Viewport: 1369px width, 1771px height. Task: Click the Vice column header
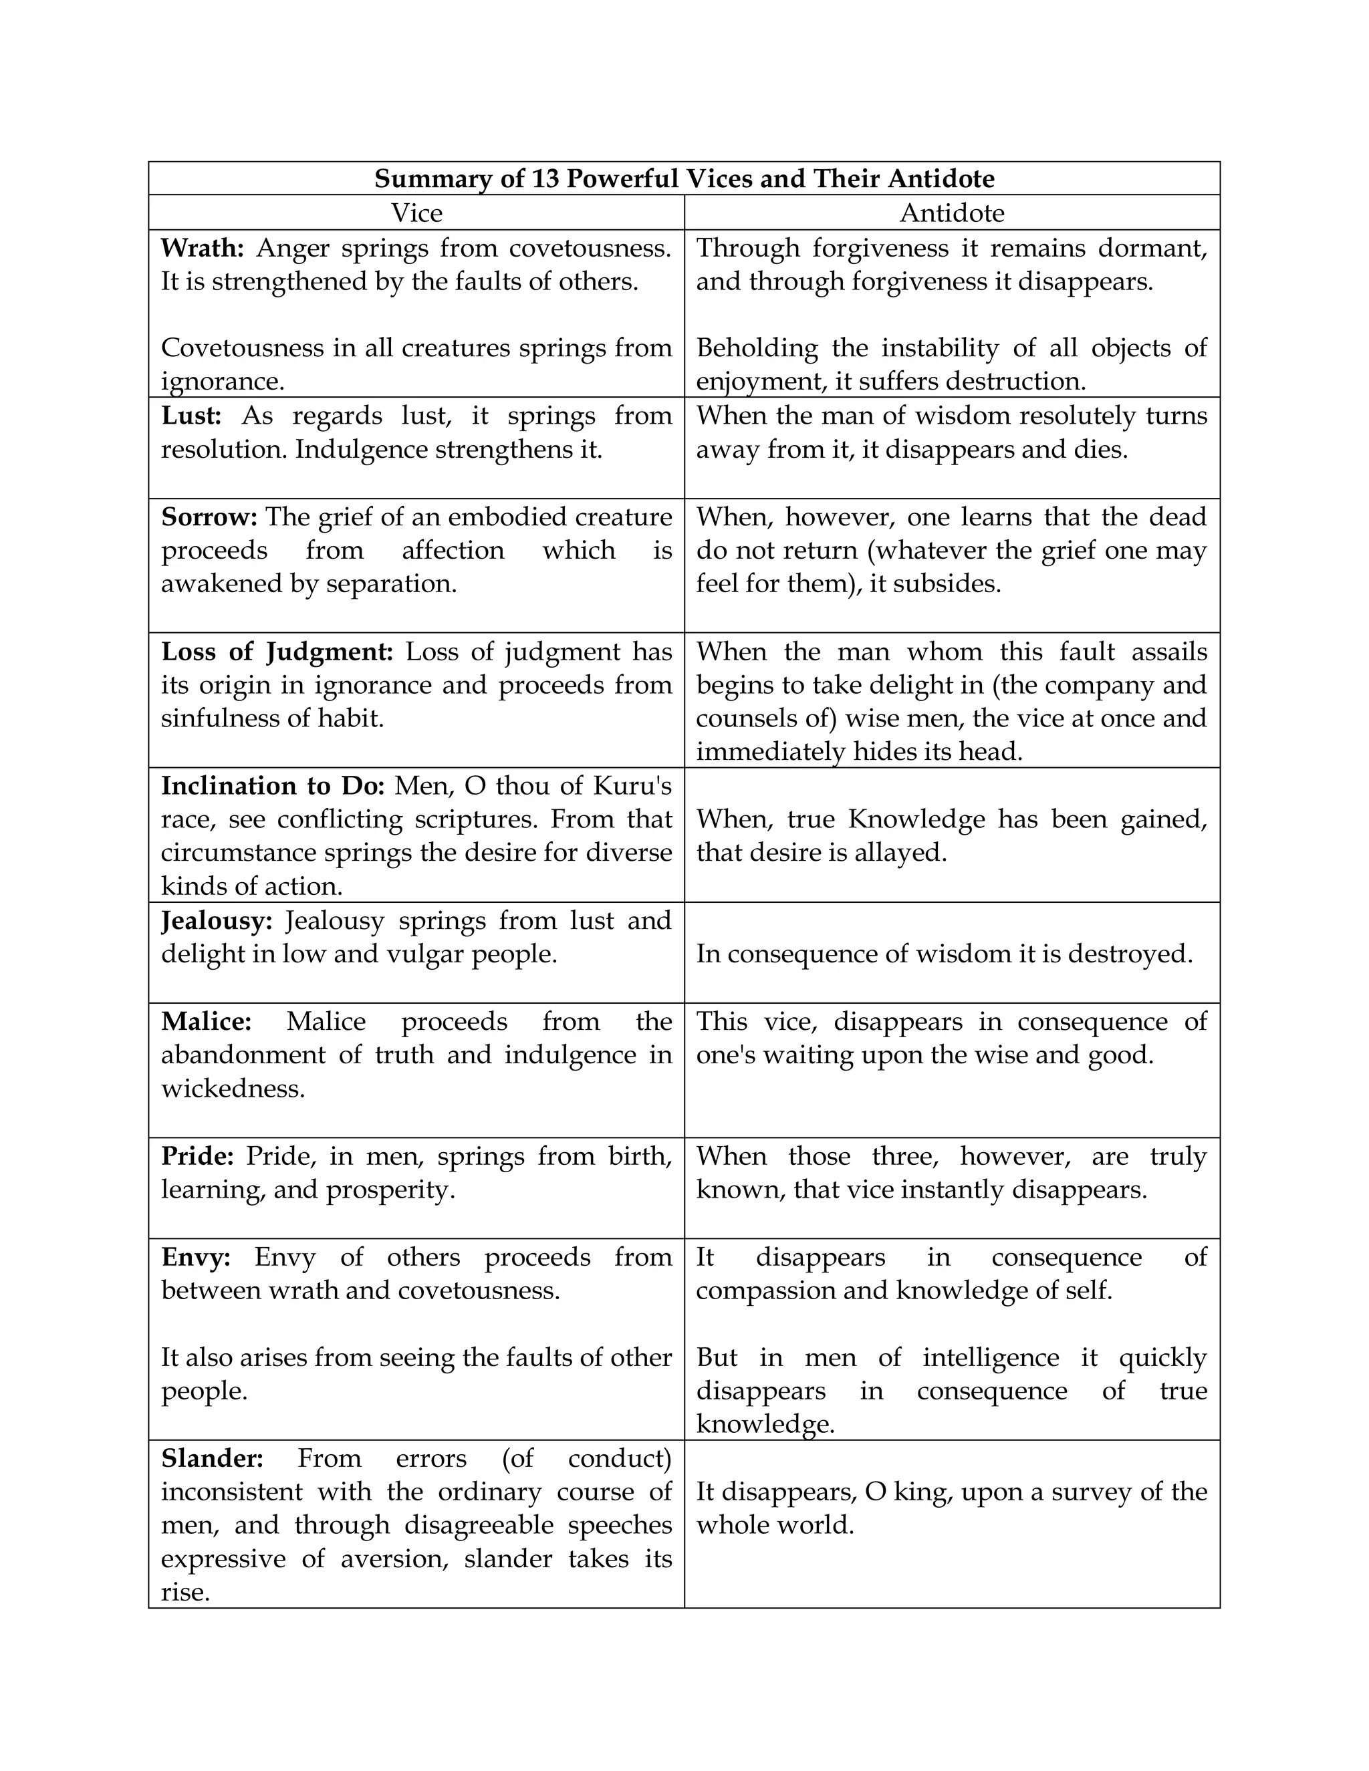click(417, 213)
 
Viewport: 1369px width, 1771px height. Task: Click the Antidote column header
click(952, 213)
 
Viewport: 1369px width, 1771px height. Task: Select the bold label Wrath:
click(202, 248)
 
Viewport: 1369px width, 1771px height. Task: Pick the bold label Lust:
click(191, 416)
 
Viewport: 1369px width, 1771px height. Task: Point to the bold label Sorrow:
click(209, 517)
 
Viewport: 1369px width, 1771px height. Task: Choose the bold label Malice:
click(206, 1021)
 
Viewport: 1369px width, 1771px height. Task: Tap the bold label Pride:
click(198, 1155)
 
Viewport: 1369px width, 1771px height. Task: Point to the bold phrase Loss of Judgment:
click(277, 652)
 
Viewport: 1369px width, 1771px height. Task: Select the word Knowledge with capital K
click(916, 819)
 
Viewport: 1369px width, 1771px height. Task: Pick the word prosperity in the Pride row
click(390, 1190)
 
